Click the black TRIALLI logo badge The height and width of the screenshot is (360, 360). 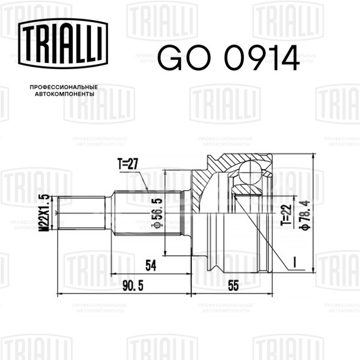(63, 43)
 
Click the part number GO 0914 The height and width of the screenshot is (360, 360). (229, 57)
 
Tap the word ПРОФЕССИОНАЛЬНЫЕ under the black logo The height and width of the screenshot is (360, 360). (64, 87)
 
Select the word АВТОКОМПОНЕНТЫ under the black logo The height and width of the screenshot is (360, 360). (65, 94)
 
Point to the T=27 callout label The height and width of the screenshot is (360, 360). (128, 164)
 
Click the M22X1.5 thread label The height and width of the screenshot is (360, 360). (45, 213)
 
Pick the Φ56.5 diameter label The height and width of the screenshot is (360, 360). (157, 213)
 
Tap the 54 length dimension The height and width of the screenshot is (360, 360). (151, 265)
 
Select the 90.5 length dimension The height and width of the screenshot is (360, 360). (133, 285)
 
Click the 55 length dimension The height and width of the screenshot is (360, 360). (233, 285)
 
